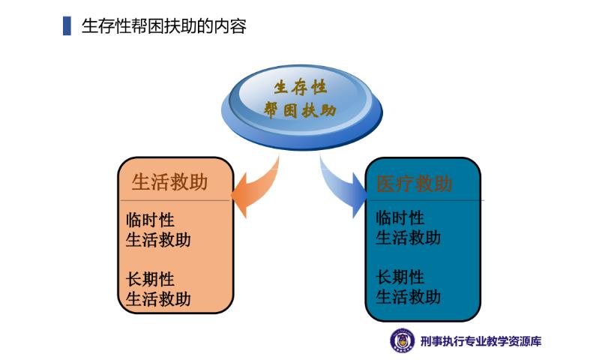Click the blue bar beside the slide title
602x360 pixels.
point(67,25)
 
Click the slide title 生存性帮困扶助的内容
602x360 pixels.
point(164,26)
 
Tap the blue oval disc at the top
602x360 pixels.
point(302,106)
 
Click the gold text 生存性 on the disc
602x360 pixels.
point(300,87)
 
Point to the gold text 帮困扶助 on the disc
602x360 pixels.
point(300,110)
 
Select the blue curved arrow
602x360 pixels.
point(343,188)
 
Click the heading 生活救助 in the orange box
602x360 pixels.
point(169,181)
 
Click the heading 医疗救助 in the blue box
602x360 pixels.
point(415,183)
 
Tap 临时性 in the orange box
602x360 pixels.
point(150,220)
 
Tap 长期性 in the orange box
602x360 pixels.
point(150,279)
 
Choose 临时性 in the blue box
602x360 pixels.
point(400,217)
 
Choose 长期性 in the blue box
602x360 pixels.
point(400,277)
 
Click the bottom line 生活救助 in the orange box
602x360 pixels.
point(158,299)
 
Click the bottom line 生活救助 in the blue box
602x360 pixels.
point(408,296)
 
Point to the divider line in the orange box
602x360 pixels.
point(175,200)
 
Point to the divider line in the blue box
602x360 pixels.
point(425,199)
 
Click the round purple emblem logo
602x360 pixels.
point(403,340)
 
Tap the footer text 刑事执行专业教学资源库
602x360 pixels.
point(481,341)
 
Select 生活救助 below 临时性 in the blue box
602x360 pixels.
point(408,238)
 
